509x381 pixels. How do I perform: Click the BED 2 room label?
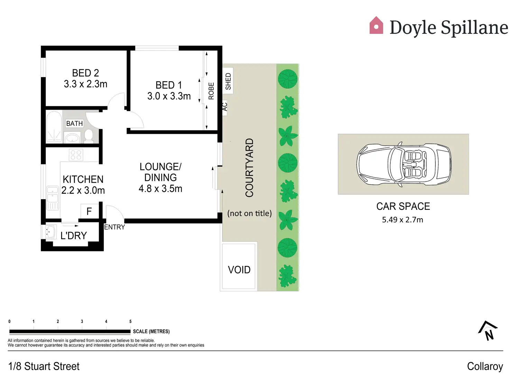85,73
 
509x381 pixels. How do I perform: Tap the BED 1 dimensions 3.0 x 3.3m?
169,96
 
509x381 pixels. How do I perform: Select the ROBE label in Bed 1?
211,91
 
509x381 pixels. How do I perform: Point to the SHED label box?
228,81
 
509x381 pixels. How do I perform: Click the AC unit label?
225,107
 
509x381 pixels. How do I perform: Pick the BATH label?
74,123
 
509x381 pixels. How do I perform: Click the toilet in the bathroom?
89,136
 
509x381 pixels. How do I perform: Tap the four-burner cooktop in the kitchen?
76,155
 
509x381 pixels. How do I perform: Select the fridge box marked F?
89,211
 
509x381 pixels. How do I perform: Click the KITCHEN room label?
83,179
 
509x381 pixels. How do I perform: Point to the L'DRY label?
73,236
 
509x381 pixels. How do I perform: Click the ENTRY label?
114,227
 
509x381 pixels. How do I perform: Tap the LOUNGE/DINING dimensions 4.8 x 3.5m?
160,189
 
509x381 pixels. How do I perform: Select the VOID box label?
239,270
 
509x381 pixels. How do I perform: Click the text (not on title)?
249,213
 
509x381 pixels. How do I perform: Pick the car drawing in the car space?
404,165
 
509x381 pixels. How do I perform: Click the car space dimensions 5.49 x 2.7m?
402,220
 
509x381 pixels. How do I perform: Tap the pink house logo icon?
376,26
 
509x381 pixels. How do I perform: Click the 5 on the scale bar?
130,322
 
